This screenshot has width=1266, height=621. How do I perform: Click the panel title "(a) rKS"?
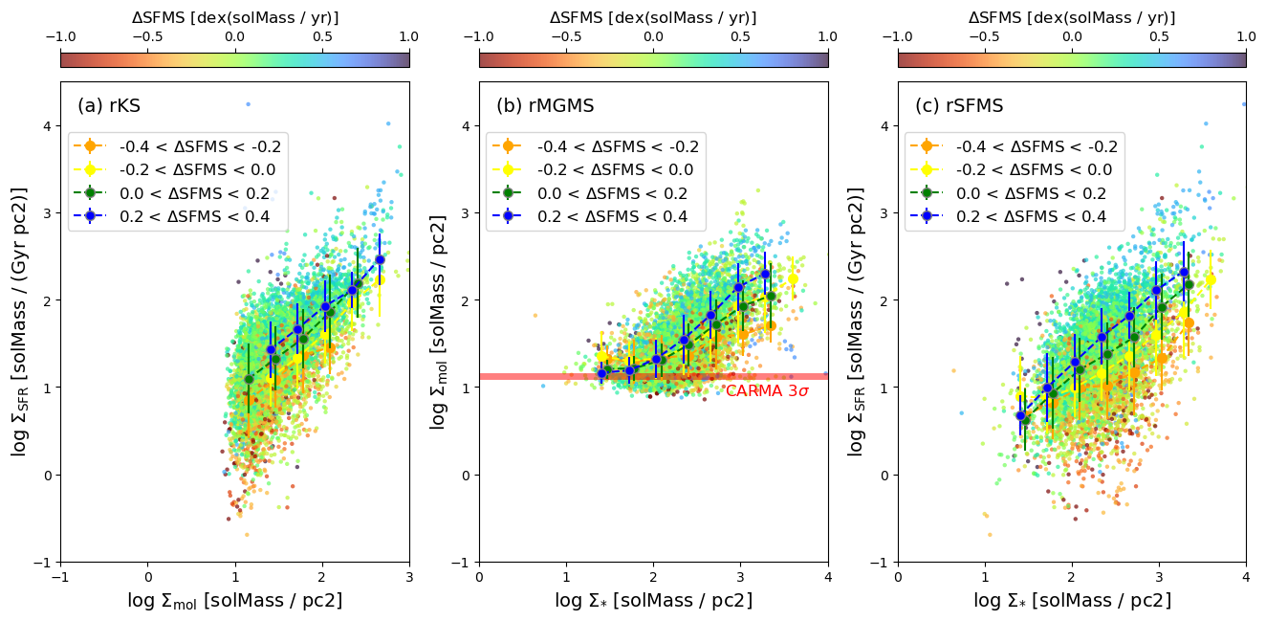coord(109,106)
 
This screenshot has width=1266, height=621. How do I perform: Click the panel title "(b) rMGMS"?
coord(545,106)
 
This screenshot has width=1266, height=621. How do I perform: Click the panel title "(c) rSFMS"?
coord(960,106)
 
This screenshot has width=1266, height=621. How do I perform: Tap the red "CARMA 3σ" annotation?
coord(768,390)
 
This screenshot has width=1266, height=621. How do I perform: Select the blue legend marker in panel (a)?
coord(90,216)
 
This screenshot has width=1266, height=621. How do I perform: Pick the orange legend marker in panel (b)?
coord(508,146)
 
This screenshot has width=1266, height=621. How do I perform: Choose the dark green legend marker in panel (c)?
coord(927,193)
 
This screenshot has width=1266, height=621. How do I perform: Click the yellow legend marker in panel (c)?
coord(927,169)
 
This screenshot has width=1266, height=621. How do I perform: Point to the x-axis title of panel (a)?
coord(235,601)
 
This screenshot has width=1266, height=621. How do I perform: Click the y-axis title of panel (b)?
coord(438,322)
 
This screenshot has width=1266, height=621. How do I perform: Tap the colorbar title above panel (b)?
coord(653,17)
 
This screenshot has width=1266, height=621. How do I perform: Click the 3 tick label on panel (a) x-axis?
coord(410,577)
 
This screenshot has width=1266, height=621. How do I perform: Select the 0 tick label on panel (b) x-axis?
coord(479,577)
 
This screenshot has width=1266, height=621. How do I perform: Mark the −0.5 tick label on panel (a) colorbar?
coord(147,37)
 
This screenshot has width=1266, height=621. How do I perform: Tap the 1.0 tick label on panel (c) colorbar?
coord(1246,37)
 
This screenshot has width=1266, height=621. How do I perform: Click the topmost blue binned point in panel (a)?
coord(380,259)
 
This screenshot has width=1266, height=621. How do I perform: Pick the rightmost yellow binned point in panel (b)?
coord(793,278)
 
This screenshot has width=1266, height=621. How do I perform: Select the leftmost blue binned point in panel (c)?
coord(1020,415)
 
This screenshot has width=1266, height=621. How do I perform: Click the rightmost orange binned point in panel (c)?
coord(1190,323)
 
